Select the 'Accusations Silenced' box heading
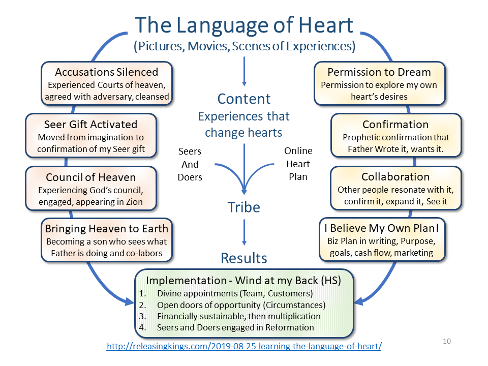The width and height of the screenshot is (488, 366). [106, 72]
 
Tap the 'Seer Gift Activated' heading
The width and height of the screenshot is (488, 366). [90, 124]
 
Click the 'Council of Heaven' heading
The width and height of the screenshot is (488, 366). [90, 177]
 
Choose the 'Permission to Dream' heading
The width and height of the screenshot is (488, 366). [379, 72]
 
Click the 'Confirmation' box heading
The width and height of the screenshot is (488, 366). [395, 124]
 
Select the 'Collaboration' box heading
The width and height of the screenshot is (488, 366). [395, 177]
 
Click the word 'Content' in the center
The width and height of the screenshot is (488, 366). [244, 99]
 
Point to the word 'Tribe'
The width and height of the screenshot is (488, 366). [244, 207]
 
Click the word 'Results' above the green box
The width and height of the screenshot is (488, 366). [244, 258]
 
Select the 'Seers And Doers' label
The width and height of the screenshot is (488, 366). [190, 164]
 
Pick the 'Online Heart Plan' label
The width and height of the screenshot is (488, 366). [298, 164]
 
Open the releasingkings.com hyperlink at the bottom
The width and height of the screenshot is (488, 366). [244, 347]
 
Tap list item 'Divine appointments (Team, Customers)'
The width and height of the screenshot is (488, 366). [234, 293]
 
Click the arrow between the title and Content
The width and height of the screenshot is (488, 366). [244, 71]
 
